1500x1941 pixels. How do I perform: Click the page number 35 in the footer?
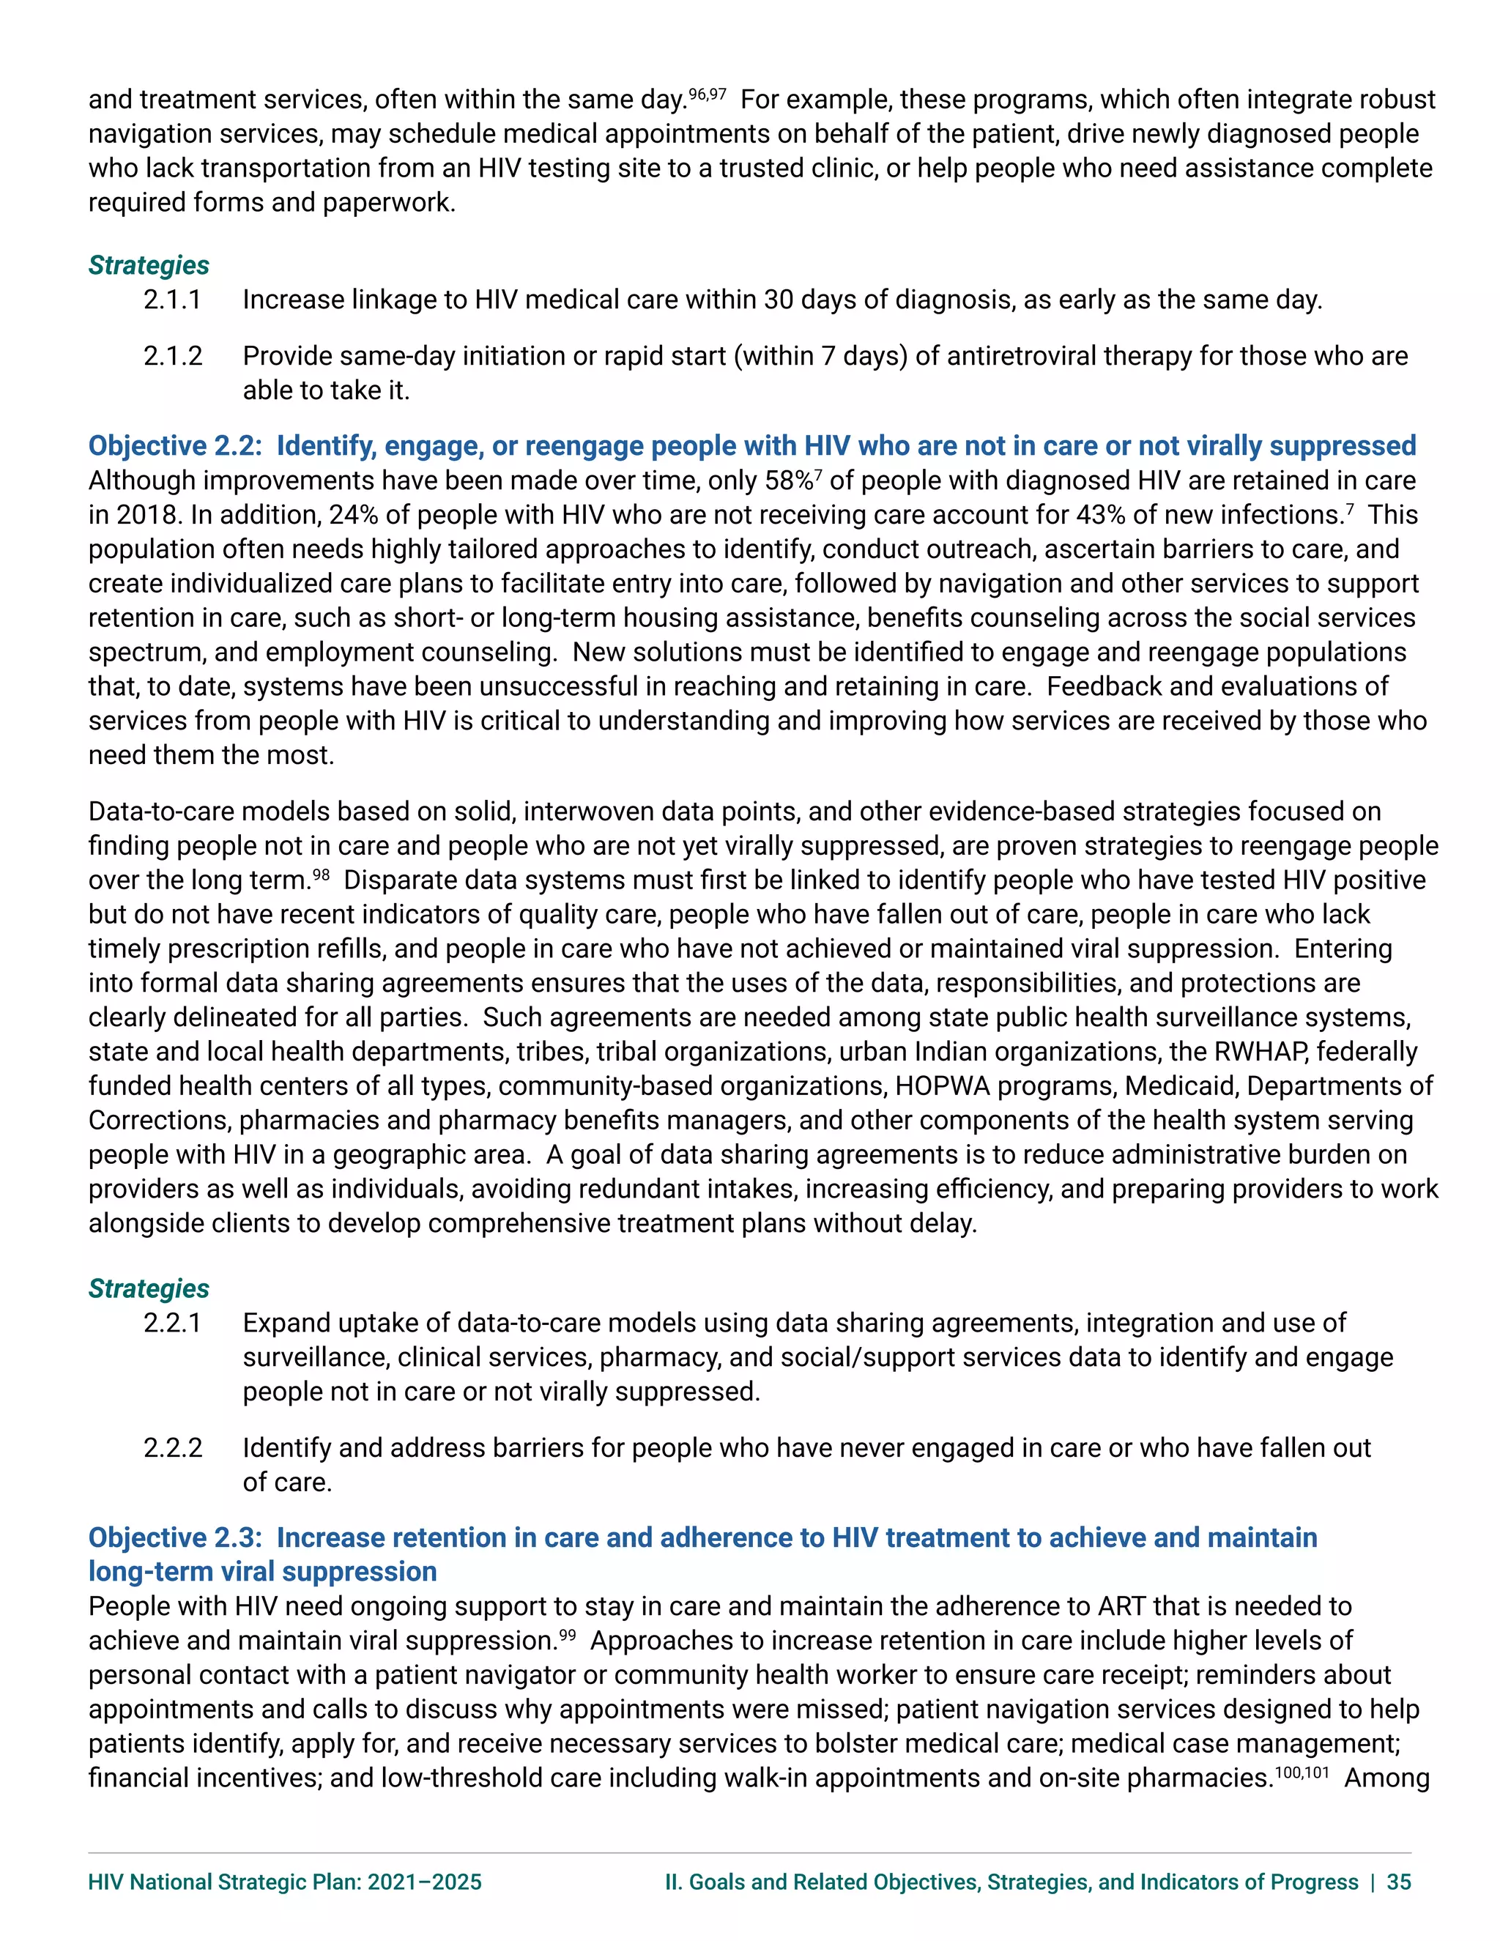[1399, 1882]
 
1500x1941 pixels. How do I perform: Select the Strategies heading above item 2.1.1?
[149, 265]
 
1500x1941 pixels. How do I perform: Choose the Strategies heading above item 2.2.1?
[149, 1288]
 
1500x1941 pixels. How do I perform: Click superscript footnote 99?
[567, 1633]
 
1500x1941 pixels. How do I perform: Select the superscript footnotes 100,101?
[1302, 1771]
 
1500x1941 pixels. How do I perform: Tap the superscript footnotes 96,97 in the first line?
[708, 92]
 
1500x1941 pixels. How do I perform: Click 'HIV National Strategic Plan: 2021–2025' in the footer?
[284, 1882]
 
